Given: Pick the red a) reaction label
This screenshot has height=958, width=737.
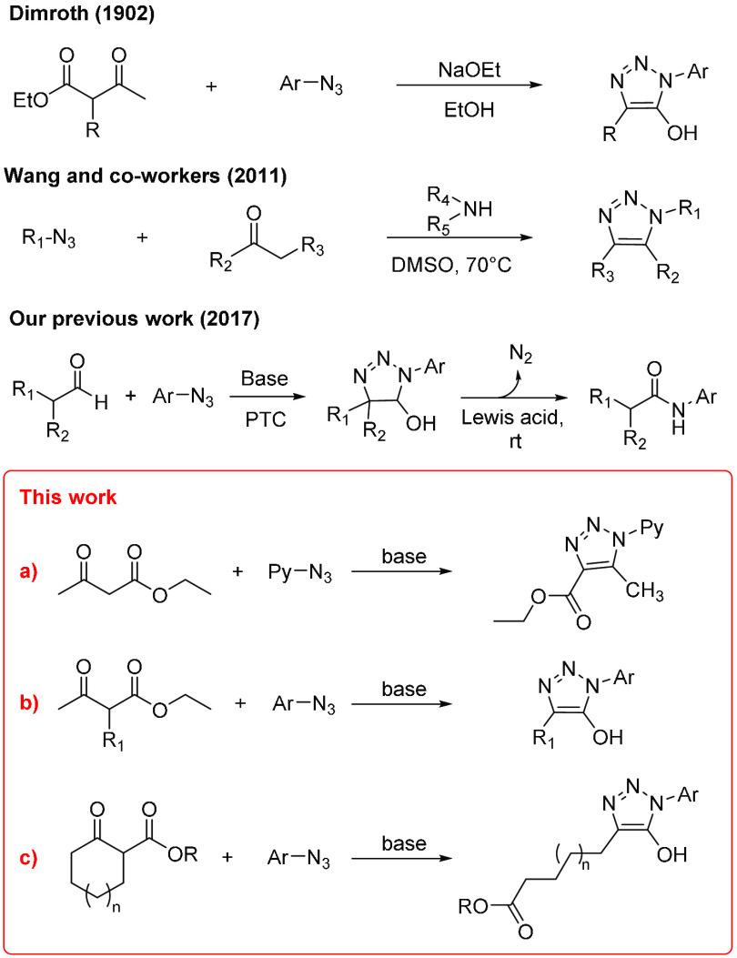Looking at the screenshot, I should pyautogui.click(x=32, y=573).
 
